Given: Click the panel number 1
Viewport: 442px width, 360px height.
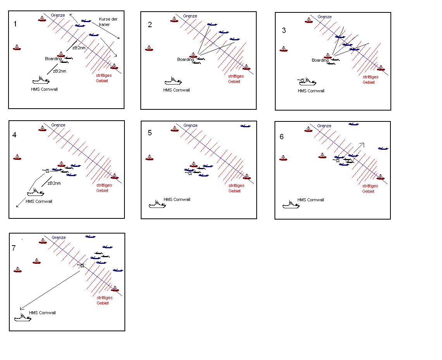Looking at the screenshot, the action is click(15, 24).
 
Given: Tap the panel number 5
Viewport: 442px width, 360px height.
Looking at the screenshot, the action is click(150, 133).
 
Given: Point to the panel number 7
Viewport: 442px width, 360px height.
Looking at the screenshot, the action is click(14, 248).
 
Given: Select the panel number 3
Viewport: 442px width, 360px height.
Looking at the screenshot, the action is click(284, 31).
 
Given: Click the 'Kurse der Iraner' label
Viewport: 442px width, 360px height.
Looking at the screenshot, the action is click(108, 22).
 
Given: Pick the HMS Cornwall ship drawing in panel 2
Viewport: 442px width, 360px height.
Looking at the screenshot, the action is click(173, 81).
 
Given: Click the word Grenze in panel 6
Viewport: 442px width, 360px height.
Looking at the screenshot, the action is click(324, 126).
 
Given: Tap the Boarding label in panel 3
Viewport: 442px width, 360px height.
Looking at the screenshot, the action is click(320, 60).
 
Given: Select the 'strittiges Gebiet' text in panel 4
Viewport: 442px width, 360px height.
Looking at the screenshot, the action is click(104, 188).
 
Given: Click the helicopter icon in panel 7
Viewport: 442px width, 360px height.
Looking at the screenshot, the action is click(82, 265).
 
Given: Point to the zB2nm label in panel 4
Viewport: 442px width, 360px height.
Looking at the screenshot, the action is click(54, 183).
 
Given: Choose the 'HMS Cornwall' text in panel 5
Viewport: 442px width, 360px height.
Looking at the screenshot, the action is click(177, 199).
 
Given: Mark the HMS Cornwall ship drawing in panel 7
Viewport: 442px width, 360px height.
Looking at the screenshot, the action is click(22, 317).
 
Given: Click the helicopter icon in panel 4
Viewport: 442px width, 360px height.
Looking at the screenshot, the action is click(47, 170).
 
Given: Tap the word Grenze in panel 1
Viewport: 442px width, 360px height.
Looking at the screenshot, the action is click(58, 15).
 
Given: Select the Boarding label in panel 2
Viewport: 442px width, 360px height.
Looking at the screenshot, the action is click(185, 59).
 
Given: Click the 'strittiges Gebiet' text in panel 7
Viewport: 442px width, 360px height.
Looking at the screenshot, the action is click(104, 301).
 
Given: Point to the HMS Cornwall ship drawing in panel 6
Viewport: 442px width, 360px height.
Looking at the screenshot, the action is click(291, 204).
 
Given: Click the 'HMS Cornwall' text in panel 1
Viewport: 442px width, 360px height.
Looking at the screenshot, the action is click(44, 90).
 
